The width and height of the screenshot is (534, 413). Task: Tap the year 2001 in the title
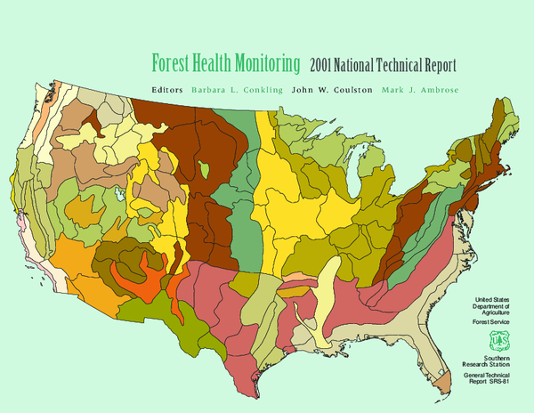[x=325, y=65]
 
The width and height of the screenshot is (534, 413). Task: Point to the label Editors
[x=167, y=90]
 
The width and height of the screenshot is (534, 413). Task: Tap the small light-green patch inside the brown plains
[x=206, y=167]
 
